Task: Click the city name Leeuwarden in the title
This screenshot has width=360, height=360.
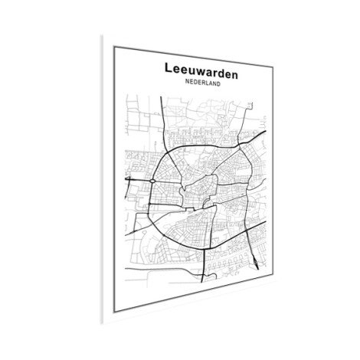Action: point(201,70)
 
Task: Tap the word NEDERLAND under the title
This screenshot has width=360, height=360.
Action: point(201,83)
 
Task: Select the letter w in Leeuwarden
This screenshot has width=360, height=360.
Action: point(200,70)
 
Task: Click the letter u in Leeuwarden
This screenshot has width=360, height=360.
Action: point(191,70)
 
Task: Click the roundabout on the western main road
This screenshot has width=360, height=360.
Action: point(154,181)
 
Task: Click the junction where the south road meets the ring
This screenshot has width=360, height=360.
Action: point(203,247)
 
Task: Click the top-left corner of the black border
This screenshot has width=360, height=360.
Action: point(114,47)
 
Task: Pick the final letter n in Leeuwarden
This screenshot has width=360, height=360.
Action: point(234,70)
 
